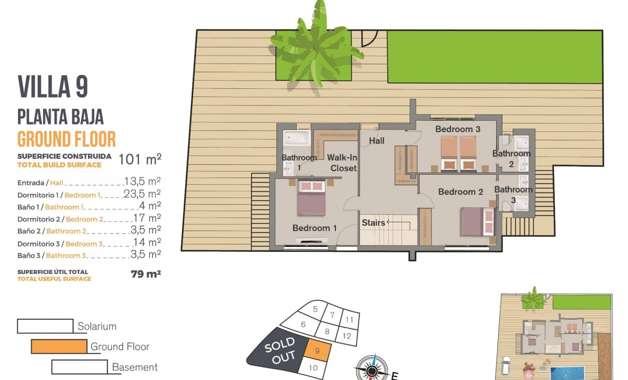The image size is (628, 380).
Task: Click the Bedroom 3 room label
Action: click(x=458, y=129)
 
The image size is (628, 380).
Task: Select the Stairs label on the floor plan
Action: click(x=373, y=222)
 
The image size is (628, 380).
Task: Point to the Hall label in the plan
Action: click(x=376, y=141)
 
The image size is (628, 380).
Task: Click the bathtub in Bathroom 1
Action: click(x=297, y=138)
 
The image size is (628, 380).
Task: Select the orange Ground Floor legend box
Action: click(x=59, y=346)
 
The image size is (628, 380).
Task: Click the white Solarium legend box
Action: click(x=45, y=326)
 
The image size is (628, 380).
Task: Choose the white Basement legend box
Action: click(x=79, y=367)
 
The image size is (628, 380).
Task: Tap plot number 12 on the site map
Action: click(x=346, y=336)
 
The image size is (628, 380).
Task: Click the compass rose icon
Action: click(x=372, y=368)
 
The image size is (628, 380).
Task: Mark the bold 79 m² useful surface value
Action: click(x=145, y=274)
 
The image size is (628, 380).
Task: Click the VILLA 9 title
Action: click(x=53, y=86)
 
